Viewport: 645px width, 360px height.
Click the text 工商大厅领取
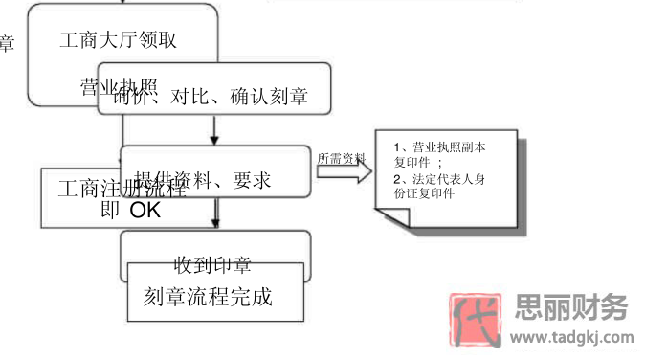pos(118,40)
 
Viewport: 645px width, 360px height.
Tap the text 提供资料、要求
pos(216,180)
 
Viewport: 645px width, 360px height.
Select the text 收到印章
pos(212,265)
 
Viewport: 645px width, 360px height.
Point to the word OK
pos(145,211)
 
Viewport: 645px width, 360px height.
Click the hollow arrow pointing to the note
pos(344,172)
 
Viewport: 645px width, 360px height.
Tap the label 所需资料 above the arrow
pos(341,157)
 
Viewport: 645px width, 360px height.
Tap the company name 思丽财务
pos(571,308)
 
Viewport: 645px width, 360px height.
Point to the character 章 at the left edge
pos(6,43)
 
